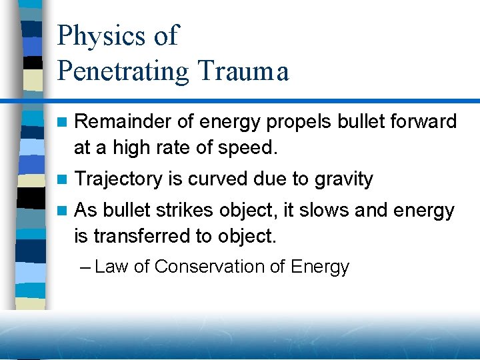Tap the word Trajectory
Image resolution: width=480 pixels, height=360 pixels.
point(119,179)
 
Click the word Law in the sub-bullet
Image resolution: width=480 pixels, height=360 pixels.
point(111,267)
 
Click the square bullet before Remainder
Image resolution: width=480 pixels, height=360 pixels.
point(63,122)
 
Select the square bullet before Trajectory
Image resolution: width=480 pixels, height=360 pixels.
point(63,179)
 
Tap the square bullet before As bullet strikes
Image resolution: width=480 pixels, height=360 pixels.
point(63,211)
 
